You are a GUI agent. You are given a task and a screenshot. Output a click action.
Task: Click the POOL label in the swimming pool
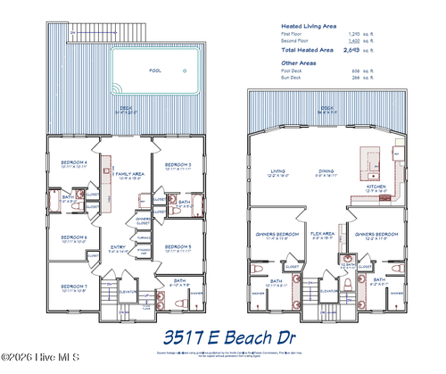(156, 69)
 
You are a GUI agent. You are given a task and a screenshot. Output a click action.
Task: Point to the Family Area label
(131, 174)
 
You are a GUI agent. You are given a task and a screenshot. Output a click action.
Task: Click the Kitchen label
(376, 187)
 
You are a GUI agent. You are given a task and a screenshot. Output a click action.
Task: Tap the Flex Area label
(322, 236)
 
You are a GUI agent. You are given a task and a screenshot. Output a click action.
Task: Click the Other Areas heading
(301, 63)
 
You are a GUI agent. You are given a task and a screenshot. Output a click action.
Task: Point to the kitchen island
(368, 162)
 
